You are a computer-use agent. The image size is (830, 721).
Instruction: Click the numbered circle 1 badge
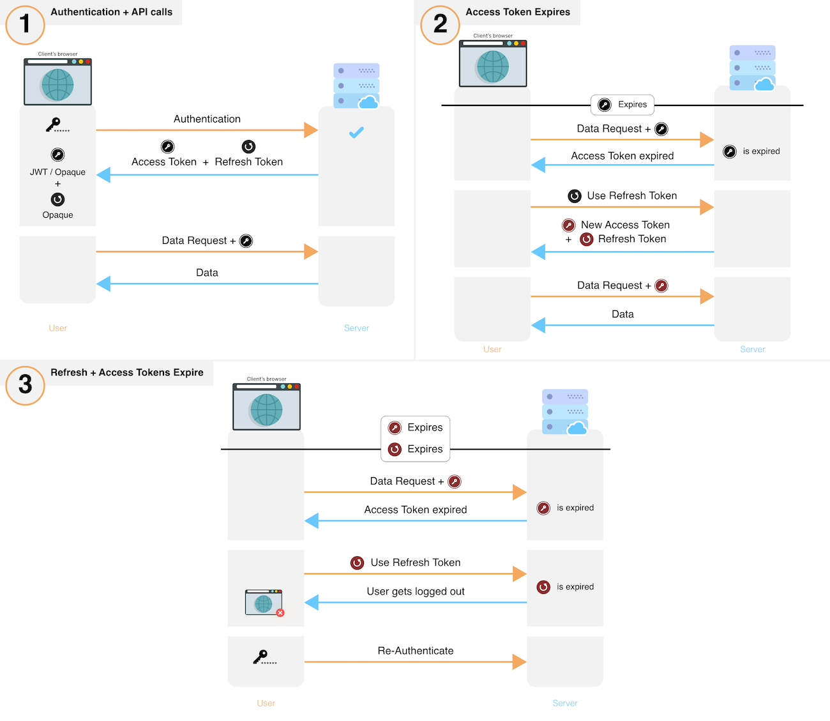click(25, 25)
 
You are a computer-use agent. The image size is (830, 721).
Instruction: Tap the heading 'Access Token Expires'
click(517, 12)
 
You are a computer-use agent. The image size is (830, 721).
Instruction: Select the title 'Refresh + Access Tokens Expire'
click(126, 372)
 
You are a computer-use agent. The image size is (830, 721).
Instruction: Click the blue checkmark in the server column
click(356, 132)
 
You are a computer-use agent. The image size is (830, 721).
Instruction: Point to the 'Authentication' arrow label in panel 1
click(207, 119)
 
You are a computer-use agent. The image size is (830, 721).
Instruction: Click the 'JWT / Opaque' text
click(57, 172)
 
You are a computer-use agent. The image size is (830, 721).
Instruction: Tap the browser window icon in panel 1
click(57, 82)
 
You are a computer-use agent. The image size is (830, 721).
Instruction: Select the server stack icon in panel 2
click(752, 68)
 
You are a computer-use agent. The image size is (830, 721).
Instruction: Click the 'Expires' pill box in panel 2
click(622, 105)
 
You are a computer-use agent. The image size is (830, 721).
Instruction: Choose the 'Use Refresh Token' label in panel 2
click(631, 195)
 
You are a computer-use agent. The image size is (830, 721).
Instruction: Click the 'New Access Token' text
click(624, 225)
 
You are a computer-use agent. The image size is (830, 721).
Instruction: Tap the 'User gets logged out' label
click(415, 591)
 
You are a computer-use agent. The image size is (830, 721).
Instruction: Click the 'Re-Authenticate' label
click(415, 651)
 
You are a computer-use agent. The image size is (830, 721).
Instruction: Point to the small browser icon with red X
click(264, 603)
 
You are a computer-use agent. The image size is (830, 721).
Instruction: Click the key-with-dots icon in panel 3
click(264, 657)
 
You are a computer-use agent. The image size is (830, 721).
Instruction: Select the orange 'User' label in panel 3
click(266, 703)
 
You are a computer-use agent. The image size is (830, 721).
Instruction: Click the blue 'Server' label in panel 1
click(356, 328)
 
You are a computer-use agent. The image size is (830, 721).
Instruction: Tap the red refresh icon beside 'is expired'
click(543, 587)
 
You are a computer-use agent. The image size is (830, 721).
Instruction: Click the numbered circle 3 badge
click(25, 385)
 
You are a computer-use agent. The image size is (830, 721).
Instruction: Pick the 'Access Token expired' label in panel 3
click(415, 510)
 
